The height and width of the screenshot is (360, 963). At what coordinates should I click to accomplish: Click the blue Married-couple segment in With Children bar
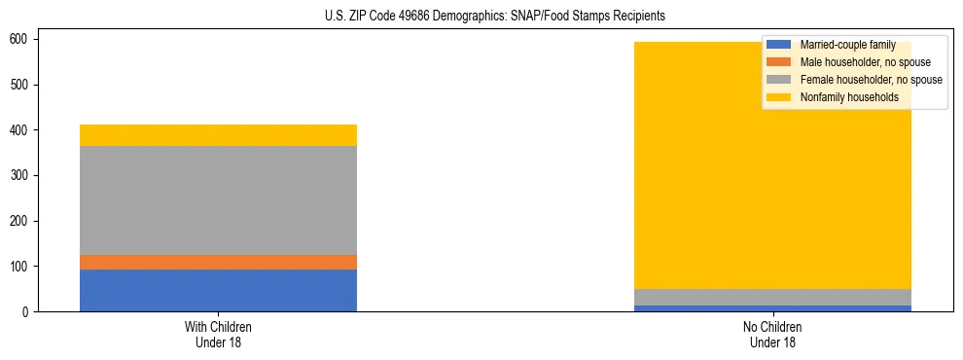point(218,290)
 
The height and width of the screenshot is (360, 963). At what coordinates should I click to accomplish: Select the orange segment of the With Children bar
point(218,262)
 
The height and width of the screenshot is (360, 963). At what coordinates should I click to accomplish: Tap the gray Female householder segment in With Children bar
point(218,200)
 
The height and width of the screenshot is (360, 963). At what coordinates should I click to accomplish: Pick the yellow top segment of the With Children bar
point(218,135)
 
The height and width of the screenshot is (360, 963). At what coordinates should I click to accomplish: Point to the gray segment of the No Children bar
point(772,297)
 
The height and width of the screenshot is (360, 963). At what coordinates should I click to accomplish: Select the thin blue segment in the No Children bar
point(772,308)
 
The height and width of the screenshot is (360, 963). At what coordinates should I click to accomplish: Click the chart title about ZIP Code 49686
point(495,17)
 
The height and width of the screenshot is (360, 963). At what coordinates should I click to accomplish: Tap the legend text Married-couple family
point(847,45)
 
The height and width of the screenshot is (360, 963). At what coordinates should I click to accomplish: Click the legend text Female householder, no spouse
point(871,80)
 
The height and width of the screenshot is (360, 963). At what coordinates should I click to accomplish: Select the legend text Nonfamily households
point(849,97)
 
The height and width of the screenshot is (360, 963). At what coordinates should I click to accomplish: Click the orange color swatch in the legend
point(779,62)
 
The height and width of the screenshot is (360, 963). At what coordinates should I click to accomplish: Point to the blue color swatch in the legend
point(779,45)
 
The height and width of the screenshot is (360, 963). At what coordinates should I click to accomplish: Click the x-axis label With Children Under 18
point(218,334)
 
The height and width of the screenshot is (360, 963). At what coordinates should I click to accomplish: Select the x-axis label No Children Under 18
point(772,334)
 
